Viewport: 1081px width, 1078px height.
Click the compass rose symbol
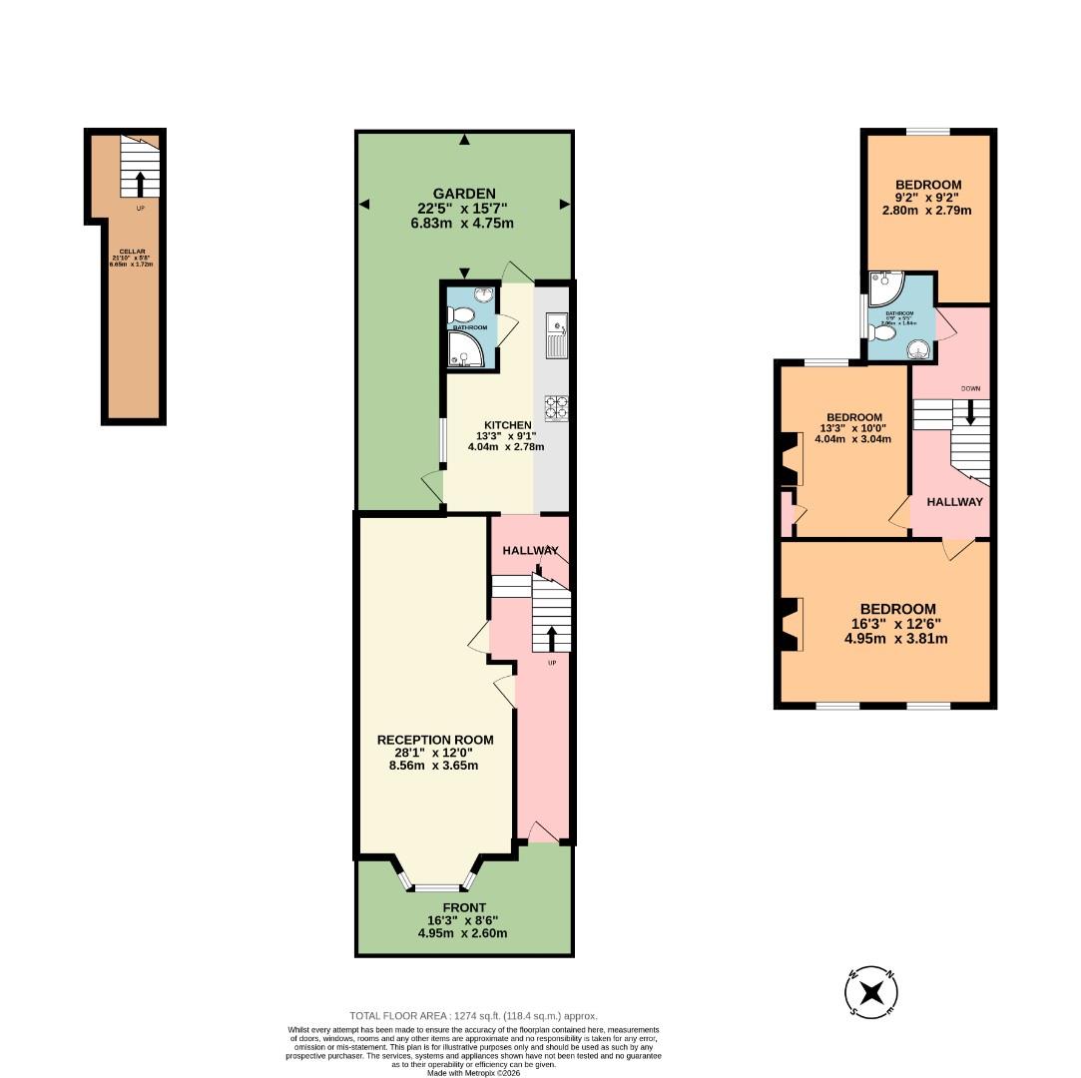(872, 993)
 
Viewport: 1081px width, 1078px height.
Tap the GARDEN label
(463, 194)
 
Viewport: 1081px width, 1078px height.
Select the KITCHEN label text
(507, 424)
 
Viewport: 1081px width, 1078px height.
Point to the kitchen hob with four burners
(555, 406)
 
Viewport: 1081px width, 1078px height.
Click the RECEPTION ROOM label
(434, 740)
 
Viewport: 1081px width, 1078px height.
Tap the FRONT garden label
(463, 907)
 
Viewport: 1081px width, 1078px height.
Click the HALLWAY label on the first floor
(954, 502)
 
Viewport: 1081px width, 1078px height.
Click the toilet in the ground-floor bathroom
(460, 315)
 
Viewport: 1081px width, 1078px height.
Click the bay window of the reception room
(435, 885)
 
